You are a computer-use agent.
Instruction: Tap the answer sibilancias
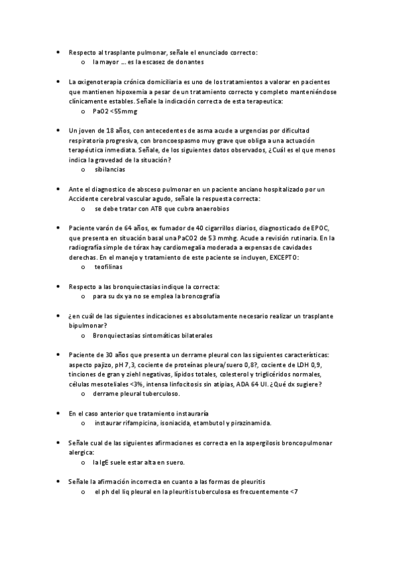point(109,170)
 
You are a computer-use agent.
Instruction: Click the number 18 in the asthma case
point(107,131)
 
